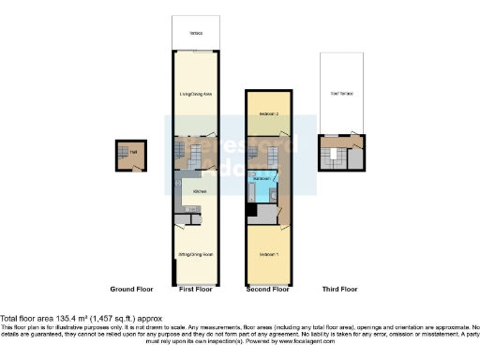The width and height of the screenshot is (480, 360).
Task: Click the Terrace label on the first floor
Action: point(195,33)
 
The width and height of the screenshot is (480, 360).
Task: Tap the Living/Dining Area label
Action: point(195,94)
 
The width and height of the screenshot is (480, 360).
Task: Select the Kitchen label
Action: point(200,191)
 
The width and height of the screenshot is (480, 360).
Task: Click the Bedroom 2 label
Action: point(266,112)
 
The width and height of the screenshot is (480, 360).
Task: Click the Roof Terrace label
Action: point(341,95)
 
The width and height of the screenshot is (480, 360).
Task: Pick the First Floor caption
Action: point(195,289)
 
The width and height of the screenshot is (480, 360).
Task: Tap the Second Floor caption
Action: point(266,289)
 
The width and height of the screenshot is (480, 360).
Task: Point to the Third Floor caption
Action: point(339,289)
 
